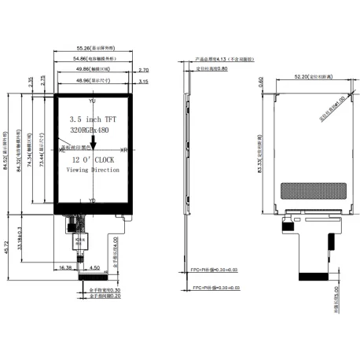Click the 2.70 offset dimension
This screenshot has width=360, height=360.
pyautogui.click(x=143, y=70)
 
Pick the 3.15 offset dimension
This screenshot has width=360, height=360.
pyautogui.click(x=143, y=81)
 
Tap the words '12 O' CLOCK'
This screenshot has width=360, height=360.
pyautogui.click(x=93, y=159)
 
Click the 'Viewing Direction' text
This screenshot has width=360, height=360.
pyautogui.click(x=93, y=170)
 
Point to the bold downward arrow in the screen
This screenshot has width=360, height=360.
pyautogui.click(x=93, y=142)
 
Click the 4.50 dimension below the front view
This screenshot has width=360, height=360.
pyautogui.click(x=94, y=267)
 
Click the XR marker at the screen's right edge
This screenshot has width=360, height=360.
pyautogui.click(x=123, y=149)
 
